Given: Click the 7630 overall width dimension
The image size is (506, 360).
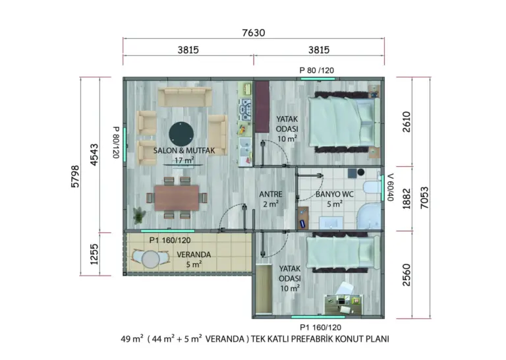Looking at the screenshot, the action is point(253,32).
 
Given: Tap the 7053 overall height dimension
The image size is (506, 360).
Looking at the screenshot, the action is point(424,198).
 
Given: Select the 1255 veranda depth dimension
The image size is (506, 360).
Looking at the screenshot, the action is point(94,254).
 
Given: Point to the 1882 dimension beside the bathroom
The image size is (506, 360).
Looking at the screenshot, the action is point(407,198).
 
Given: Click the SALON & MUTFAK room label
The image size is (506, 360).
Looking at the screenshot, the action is point(184,150).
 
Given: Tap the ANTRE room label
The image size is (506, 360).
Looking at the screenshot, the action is point(270,194).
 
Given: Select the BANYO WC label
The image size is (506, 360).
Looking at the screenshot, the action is point(334,195).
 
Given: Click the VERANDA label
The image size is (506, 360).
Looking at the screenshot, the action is point(194,255).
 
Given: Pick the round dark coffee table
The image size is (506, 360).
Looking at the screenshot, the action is point(181,135).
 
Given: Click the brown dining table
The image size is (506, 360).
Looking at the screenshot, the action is point(177,198).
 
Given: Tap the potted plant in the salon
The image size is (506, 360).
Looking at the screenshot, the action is point(139,215).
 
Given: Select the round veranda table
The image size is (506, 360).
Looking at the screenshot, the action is point(151,259).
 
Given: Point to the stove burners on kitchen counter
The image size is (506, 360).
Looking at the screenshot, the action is point(246,109).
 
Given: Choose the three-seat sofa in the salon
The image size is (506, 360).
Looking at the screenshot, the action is point(185,97).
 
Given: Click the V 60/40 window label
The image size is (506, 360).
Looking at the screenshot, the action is point(391,187).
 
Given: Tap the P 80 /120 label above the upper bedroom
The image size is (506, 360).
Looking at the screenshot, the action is point(316,71).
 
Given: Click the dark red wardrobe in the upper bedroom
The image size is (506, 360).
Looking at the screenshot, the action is point(262,107).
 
